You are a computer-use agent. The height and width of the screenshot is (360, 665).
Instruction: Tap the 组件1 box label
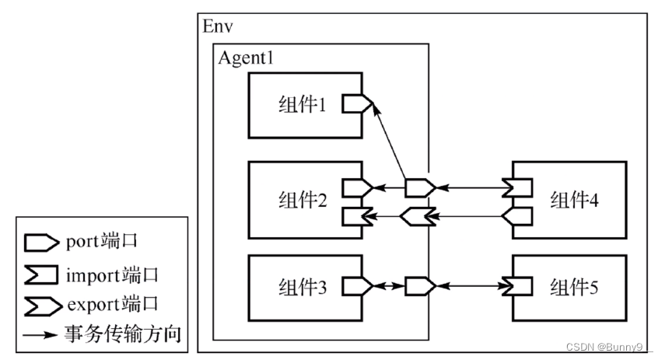click(x=302, y=104)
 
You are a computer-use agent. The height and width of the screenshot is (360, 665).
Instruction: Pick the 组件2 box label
click(x=302, y=198)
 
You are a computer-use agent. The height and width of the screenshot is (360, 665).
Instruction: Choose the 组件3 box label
click(x=302, y=285)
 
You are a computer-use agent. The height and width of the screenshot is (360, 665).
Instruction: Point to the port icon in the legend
click(x=39, y=242)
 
